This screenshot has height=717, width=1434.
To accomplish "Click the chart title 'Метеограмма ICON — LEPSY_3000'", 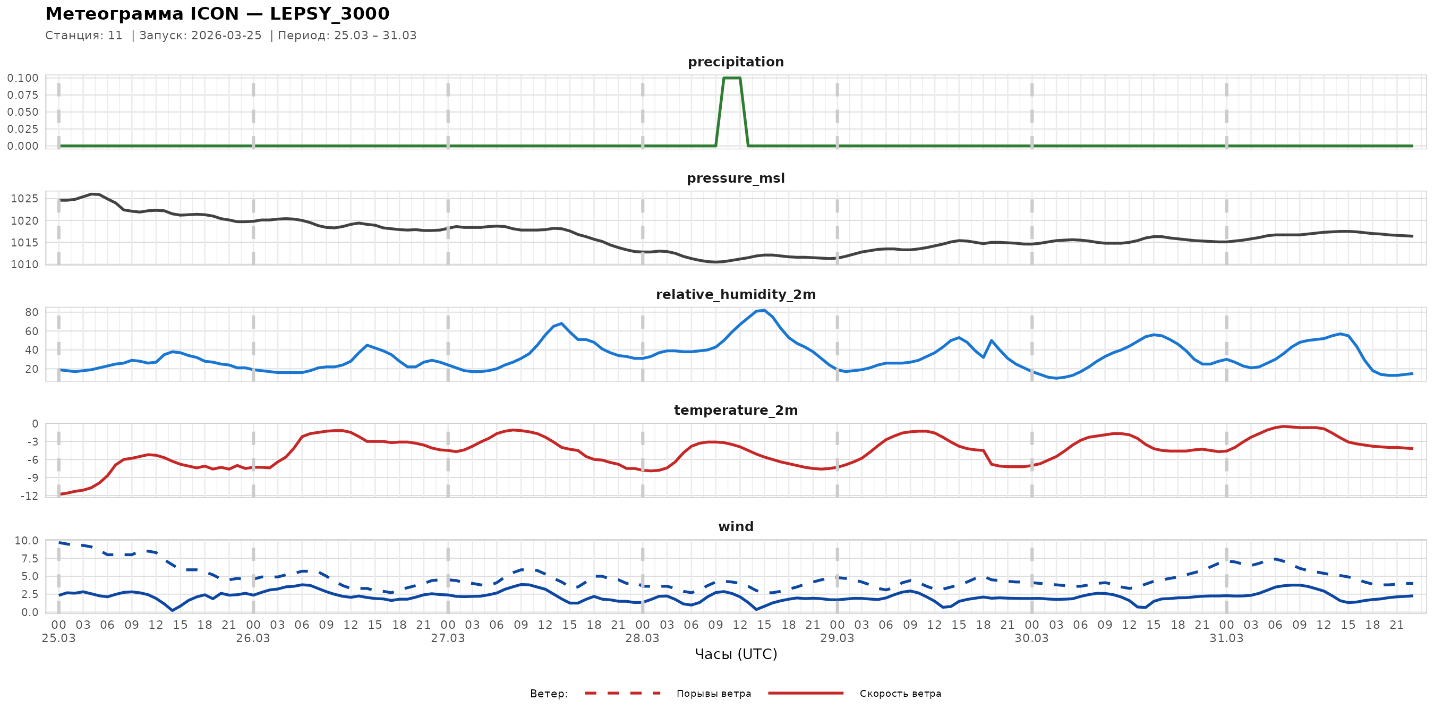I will [217, 14].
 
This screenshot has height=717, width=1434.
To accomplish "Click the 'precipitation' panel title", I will [736, 62].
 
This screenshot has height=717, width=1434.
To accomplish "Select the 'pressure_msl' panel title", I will [736, 178].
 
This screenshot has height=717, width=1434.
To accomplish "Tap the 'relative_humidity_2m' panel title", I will [736, 294].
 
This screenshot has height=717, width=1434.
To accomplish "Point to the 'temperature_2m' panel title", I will [736, 410].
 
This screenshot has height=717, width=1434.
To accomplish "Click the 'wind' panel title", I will [736, 527].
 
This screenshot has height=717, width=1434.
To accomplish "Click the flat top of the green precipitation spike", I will [731, 78].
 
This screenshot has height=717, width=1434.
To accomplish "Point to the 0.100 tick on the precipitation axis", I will [23, 78].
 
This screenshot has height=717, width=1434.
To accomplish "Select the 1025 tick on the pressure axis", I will [24, 199].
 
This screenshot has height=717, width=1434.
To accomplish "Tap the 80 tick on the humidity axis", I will [32, 312].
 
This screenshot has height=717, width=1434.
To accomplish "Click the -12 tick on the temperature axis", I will [29, 496].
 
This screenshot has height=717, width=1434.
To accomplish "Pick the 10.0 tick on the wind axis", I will [26, 541].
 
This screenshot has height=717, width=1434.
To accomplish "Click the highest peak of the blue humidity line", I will [764, 311].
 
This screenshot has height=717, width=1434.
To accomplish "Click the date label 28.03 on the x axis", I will [642, 638].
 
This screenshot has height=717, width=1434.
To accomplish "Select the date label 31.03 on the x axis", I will [1226, 638].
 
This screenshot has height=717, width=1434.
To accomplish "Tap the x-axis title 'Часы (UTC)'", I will [736, 654].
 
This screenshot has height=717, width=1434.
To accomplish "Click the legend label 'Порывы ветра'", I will [714, 694].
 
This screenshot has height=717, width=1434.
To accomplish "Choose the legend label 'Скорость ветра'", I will [900, 694].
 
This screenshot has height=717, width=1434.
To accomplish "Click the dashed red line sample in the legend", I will [622, 694].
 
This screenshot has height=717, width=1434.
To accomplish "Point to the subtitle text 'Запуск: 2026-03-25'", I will [200, 36].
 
